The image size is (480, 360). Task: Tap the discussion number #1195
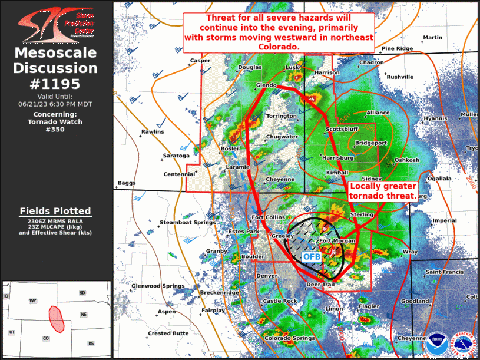pos(55,84)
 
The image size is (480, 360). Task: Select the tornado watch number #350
pos(55,130)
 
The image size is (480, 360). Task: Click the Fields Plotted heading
pos(55,211)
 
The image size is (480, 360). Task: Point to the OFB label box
pos(312,256)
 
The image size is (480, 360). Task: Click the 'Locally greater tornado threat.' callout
pos(383,190)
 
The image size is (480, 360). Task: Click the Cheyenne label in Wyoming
pos(280,179)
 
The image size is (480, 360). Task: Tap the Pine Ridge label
pos(397,48)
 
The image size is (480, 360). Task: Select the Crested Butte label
pos(168,333)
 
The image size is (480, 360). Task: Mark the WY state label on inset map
pos(33,301)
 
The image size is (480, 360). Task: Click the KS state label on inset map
pos(91,343)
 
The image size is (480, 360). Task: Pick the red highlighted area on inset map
pos(57,318)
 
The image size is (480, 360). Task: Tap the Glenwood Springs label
pos(158,286)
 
